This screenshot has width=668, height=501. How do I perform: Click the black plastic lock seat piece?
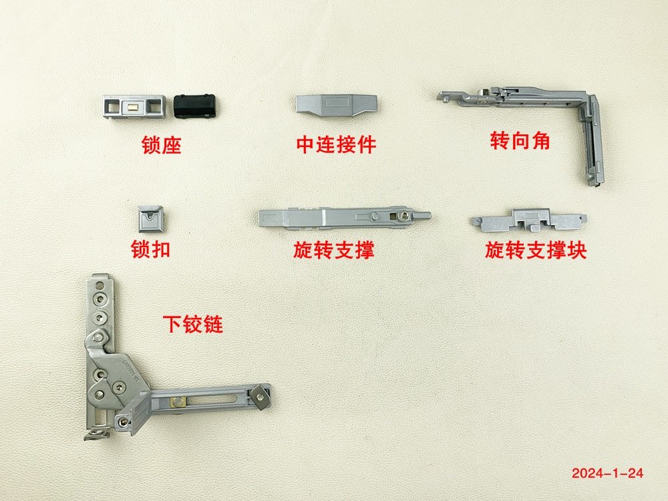[194, 106]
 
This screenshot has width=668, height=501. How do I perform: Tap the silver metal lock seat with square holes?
[134, 106]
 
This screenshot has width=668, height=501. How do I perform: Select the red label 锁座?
[162, 145]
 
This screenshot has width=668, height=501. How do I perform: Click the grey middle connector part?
[337, 104]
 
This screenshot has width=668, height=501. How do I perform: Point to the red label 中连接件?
[336, 144]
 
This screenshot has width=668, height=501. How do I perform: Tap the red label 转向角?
[520, 140]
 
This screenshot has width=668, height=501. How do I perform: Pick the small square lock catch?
[151, 219]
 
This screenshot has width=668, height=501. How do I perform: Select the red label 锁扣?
[151, 249]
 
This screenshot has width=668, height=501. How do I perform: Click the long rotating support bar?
[344, 218]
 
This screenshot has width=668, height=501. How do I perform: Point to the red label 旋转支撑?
[333, 250]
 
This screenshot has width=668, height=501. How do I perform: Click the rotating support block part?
[528, 220]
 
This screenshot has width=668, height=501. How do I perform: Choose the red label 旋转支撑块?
[536, 250]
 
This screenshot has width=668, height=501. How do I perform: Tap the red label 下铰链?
[192, 324]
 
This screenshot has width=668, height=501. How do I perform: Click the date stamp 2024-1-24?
[607, 474]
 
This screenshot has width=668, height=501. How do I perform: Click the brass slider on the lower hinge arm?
[177, 401]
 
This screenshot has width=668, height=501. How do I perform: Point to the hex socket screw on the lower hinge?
[119, 387]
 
